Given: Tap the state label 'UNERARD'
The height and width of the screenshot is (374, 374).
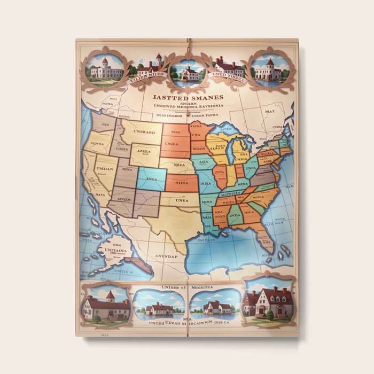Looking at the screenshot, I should coord(143,133).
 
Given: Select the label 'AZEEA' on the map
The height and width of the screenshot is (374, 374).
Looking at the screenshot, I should coord(144,152).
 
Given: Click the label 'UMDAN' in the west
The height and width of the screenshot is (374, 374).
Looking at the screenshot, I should coord(104,168).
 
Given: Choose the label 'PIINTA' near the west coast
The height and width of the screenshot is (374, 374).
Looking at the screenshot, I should coord(98,144).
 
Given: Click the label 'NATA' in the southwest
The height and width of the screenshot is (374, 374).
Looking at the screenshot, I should coord(100,196).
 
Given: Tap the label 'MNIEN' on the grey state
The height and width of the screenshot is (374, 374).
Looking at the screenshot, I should coord(123,199).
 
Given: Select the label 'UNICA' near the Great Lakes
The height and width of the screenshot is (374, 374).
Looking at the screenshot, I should coord(241,160).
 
